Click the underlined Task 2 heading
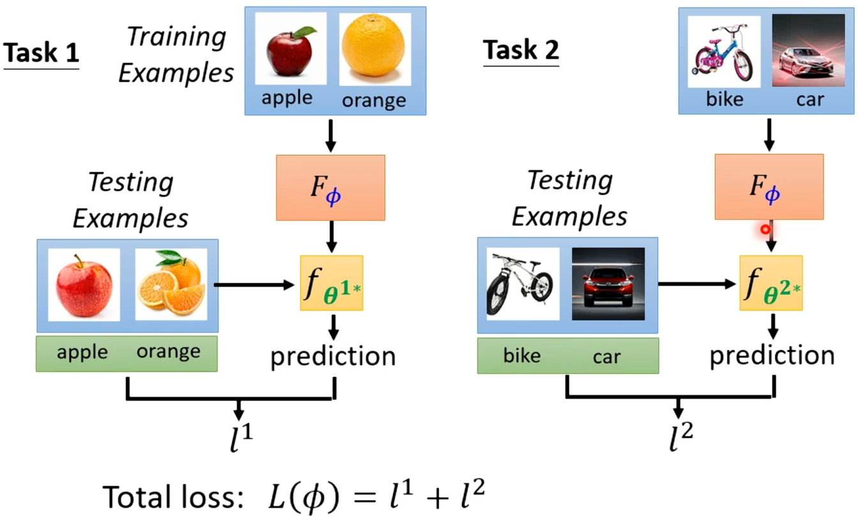[x=520, y=49]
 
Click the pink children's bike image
[x=725, y=52]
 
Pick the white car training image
[x=808, y=50]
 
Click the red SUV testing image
[x=608, y=284]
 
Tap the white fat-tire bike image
[x=523, y=284]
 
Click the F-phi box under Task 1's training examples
[x=331, y=188]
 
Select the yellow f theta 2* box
[x=771, y=283]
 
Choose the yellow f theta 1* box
[x=331, y=283]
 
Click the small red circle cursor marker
[x=765, y=229]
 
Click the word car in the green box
[x=606, y=356]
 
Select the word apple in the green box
[x=82, y=352]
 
